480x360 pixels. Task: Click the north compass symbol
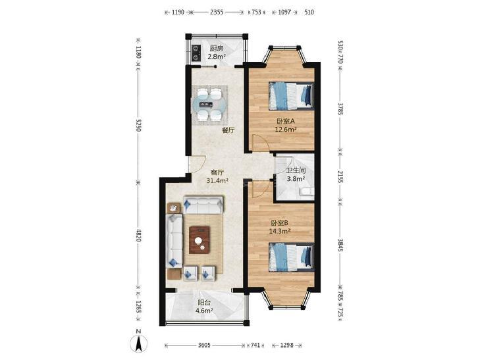click(138, 343)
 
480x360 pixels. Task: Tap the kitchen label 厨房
click(217, 48)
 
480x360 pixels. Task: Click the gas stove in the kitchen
click(196, 52)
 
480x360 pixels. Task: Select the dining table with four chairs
click(210, 105)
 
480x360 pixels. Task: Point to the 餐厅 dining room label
click(228, 130)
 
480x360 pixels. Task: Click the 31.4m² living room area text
click(217, 181)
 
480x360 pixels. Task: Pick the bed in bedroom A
click(291, 95)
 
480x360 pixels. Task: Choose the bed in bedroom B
click(291, 257)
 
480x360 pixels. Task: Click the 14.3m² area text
click(279, 231)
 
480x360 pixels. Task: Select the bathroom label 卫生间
click(296, 170)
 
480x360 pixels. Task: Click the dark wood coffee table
click(200, 240)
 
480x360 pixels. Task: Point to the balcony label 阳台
click(204, 303)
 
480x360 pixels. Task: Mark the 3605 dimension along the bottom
click(204, 346)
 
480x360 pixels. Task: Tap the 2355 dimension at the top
click(217, 13)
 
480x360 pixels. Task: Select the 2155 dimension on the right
click(340, 176)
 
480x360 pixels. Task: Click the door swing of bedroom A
click(260, 143)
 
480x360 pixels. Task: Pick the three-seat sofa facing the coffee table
click(203, 205)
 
